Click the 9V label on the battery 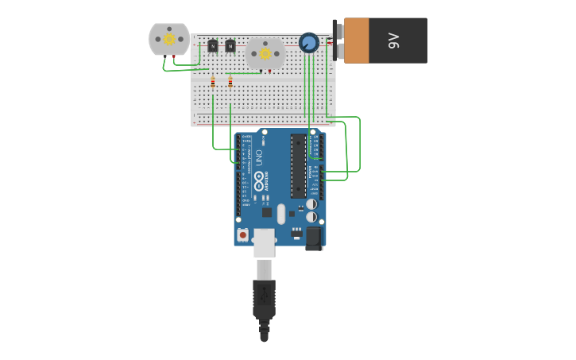click(393, 41)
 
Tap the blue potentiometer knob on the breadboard click(308, 42)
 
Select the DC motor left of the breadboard click(169, 39)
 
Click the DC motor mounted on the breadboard click(265, 53)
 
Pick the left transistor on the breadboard click(212, 46)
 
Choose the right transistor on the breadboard click(230, 46)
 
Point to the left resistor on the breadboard click(213, 81)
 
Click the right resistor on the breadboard click(230, 81)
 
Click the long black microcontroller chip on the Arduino click(298, 166)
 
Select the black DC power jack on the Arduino click(314, 238)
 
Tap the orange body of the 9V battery click(357, 41)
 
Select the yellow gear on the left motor click(169, 39)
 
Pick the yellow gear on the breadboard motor click(265, 52)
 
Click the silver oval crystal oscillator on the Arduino click(281, 212)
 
